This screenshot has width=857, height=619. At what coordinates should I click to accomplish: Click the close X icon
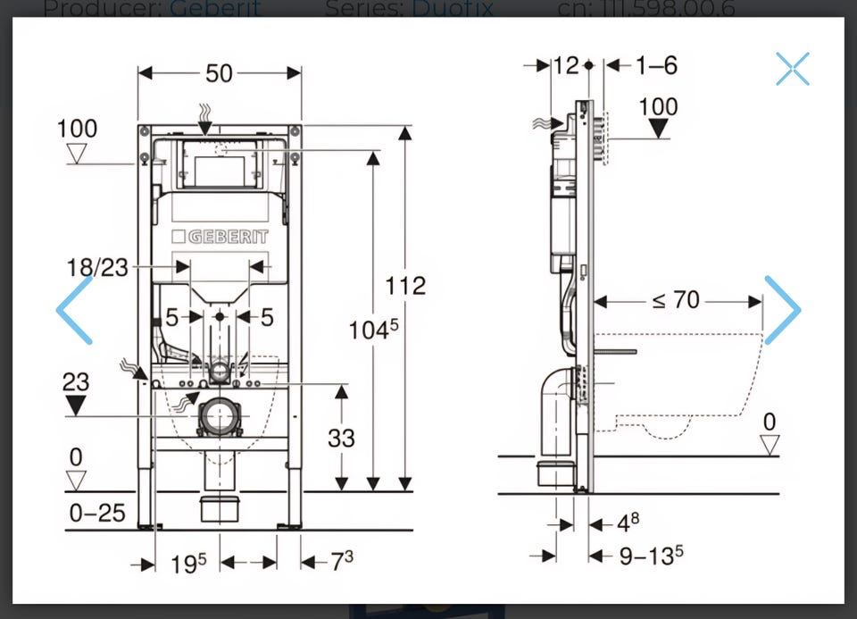[x=792, y=69]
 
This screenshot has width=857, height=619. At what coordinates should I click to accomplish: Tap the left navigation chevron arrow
[x=75, y=310]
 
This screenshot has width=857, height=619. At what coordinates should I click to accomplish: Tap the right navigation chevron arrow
[x=782, y=310]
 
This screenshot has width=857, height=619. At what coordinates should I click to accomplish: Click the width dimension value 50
[x=219, y=73]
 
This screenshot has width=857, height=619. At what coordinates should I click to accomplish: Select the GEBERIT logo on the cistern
[x=220, y=237]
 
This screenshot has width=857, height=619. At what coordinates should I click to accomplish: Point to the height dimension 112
[x=405, y=286]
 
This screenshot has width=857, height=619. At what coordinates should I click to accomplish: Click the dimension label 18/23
[x=97, y=267]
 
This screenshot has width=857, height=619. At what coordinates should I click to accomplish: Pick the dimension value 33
[x=341, y=438]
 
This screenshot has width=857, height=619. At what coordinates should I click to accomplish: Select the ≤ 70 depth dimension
[x=676, y=300]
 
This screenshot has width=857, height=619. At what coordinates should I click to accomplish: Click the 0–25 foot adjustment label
[x=97, y=513]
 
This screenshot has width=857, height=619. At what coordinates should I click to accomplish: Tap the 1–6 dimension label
[x=656, y=65]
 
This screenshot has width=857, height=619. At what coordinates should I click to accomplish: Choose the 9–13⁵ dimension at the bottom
[x=651, y=556]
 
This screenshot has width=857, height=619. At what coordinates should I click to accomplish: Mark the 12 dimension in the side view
[x=566, y=65]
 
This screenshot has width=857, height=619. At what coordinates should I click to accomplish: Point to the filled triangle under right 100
[x=659, y=129]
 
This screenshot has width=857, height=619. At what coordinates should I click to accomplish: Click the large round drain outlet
[x=220, y=416]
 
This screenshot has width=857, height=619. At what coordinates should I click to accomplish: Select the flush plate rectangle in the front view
[x=220, y=165]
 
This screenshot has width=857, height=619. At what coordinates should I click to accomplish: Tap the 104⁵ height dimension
[x=373, y=330]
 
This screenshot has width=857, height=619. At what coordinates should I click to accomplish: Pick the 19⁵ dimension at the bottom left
[x=188, y=563]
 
